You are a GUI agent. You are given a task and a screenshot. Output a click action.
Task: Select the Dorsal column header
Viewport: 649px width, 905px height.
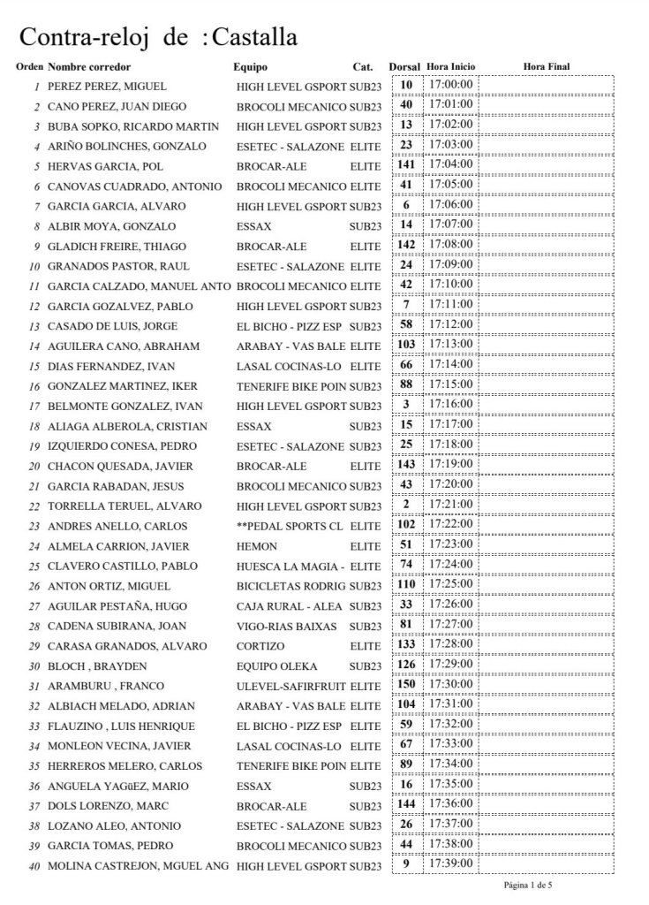(x=404, y=67)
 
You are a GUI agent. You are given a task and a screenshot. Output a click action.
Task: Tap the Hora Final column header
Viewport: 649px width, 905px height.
(x=547, y=67)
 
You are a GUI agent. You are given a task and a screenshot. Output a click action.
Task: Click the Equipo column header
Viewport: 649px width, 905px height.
(x=250, y=67)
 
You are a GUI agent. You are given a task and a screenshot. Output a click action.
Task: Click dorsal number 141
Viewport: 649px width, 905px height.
(x=406, y=164)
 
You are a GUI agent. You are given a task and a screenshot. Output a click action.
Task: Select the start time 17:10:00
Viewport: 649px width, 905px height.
(x=450, y=285)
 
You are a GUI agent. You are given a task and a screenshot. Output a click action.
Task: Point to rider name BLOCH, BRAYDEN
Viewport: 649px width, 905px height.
(x=94, y=665)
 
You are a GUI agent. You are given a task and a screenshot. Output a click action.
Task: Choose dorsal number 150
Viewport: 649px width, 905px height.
(x=406, y=684)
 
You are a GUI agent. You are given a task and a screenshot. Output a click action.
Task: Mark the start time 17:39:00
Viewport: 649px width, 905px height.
(x=450, y=863)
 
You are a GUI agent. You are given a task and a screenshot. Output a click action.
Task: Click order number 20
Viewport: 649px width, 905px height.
(x=35, y=466)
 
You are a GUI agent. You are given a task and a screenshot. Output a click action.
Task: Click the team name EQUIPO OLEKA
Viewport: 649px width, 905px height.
(x=276, y=665)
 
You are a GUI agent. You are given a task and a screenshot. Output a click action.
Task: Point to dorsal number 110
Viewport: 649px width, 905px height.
(x=406, y=584)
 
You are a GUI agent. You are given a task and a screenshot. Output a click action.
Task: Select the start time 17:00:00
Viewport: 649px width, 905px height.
(x=450, y=85)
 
